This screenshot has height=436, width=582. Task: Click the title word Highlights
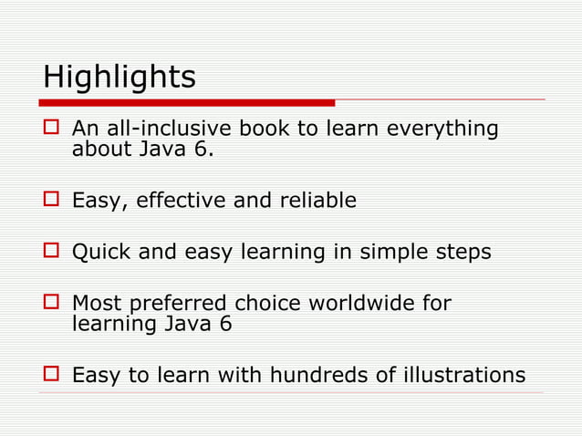pos(119,77)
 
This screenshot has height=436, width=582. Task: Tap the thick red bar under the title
pos(187,102)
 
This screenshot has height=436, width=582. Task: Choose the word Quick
pos(101,252)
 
